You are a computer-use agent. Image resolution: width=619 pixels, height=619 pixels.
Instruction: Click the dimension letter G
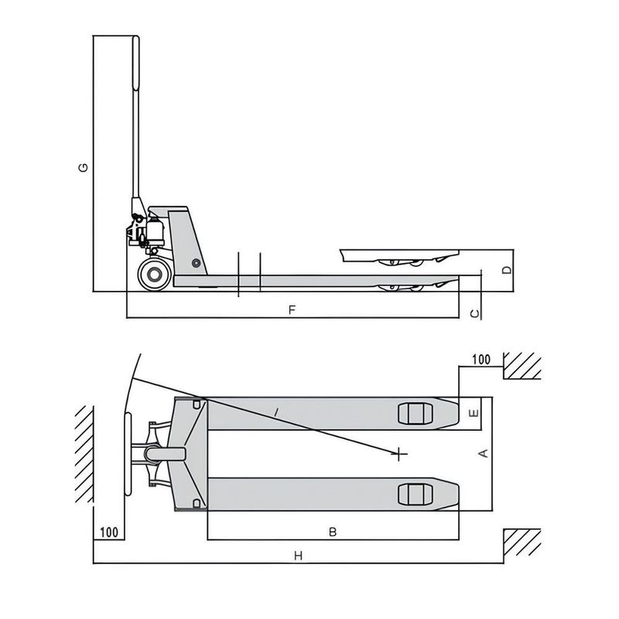click(x=86, y=167)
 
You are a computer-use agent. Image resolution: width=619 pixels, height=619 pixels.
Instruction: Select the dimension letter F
click(x=292, y=309)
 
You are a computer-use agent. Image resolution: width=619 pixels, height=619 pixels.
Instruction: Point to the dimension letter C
click(x=477, y=313)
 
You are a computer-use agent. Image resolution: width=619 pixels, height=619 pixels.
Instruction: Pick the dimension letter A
click(x=485, y=453)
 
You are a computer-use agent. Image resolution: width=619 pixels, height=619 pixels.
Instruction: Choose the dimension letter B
click(x=333, y=532)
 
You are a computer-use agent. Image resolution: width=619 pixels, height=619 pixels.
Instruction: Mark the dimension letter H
click(x=298, y=555)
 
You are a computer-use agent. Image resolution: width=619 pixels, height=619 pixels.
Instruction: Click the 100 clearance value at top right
click(x=480, y=360)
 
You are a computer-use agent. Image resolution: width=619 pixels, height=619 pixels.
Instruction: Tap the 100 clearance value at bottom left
click(x=109, y=532)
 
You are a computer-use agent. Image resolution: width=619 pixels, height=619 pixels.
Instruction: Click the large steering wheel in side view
click(x=155, y=275)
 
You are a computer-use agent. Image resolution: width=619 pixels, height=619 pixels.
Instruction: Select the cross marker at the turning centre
click(x=399, y=453)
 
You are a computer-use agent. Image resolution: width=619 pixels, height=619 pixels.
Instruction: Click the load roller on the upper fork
click(x=413, y=413)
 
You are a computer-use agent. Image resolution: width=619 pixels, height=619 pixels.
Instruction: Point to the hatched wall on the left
click(x=84, y=457)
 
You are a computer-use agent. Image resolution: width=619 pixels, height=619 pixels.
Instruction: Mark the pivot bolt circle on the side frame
click(x=197, y=263)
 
